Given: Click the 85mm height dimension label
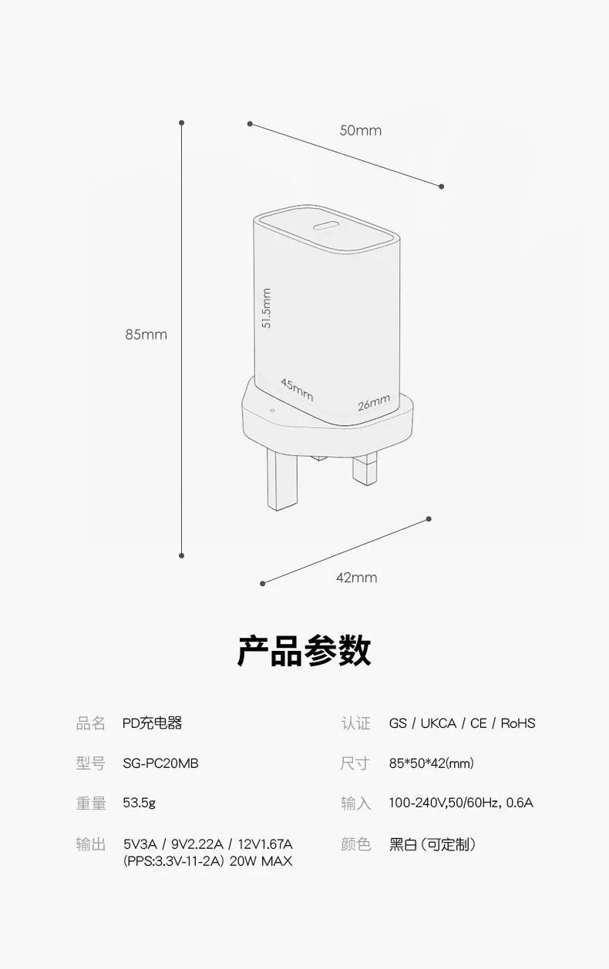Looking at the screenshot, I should pos(146,334).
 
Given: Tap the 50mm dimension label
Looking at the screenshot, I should pos(360,130).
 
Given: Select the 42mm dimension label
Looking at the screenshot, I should pos(356,577).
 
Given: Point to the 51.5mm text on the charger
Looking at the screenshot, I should pos(267,308).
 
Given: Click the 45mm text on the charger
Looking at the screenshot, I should pos(297,389).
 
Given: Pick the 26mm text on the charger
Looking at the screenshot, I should pos(374,402).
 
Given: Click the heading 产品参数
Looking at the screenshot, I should pos(304,651).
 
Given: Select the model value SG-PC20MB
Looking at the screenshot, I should pos(160,763).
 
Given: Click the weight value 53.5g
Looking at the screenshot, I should pos(139,803).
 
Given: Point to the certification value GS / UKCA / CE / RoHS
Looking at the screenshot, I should pos(462,723).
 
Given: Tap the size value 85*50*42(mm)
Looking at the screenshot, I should pos(431,763).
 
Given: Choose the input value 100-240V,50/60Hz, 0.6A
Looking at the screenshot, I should pos(460,803).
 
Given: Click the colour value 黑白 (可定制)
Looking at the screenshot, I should pos(432,844).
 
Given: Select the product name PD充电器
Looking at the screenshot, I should pos(152,723).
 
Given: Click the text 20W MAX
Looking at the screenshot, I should pos(261,861).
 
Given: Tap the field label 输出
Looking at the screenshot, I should pos(90,844).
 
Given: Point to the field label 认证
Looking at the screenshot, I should pos(355,723).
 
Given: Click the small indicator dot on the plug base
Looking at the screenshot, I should pos(271,409).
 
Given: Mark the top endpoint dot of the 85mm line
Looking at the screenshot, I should pos(182,122).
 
